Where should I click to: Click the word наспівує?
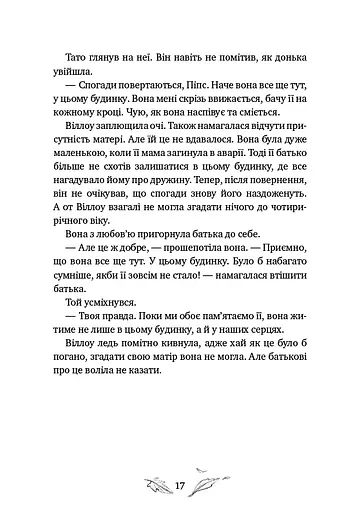(209, 130)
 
